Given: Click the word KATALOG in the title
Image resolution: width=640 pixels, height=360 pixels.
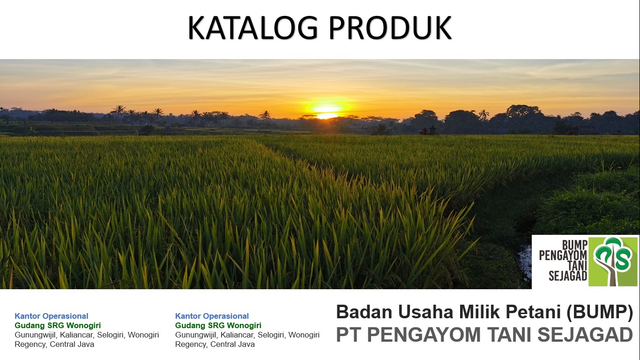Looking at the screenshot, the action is (x=253, y=28).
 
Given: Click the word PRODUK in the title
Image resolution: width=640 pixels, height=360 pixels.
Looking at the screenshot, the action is (x=390, y=28).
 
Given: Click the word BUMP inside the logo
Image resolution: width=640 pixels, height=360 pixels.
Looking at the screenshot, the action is (x=574, y=245).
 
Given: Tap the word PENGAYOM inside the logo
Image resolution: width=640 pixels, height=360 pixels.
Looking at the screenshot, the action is (x=563, y=255).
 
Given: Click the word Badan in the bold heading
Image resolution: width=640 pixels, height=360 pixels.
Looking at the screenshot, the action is (x=365, y=312).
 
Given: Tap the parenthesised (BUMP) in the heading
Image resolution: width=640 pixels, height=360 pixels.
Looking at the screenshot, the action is (x=600, y=312).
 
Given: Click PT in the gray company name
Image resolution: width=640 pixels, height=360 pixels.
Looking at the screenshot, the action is (x=349, y=335).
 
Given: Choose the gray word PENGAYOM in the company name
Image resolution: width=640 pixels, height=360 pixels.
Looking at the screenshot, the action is (x=424, y=335).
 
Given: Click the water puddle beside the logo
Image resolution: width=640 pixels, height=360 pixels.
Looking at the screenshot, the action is (x=525, y=262).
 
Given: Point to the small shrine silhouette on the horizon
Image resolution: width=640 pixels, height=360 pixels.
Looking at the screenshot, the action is (x=432, y=130).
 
